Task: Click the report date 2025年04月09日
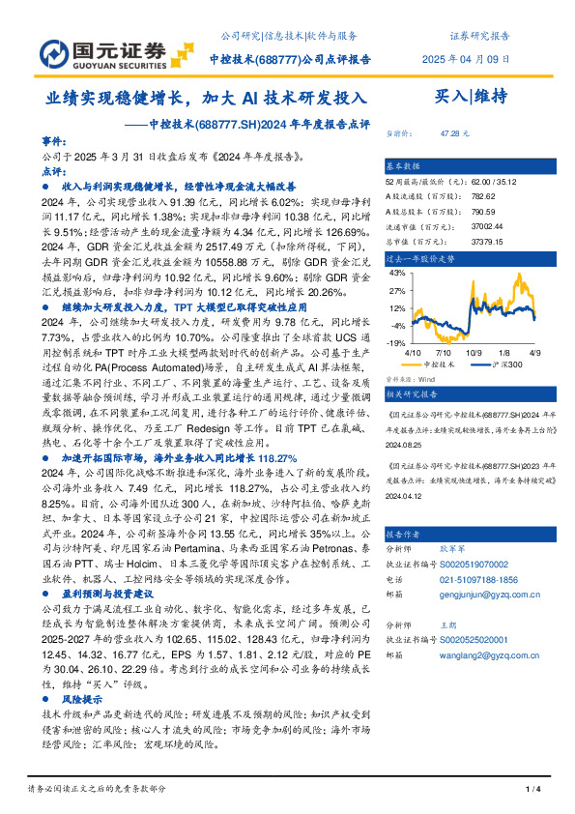462,59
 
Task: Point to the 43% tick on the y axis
395,275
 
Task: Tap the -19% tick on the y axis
395,343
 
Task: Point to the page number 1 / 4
531,790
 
